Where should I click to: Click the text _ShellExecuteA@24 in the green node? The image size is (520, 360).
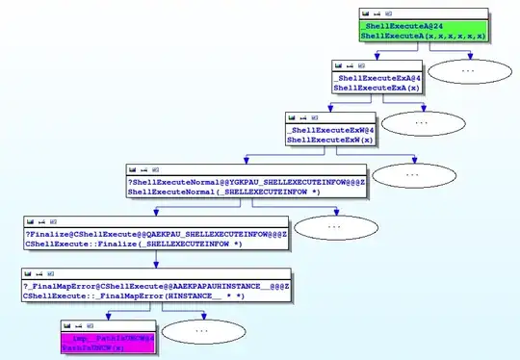tap(395, 26)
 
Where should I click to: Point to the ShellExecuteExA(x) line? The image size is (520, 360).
tap(363, 88)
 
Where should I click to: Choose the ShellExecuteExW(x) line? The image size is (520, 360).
tap(317, 140)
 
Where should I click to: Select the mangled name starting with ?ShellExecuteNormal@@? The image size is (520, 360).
tap(245, 182)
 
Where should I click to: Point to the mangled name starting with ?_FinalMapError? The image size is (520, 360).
tap(156, 286)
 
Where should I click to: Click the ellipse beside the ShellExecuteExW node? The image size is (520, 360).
tap(421, 122)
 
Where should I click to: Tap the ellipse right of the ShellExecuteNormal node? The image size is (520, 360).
tap(412, 174)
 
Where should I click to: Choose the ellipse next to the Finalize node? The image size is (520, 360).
tap(333, 226)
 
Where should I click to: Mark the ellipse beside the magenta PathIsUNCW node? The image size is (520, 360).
tap(201, 330)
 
